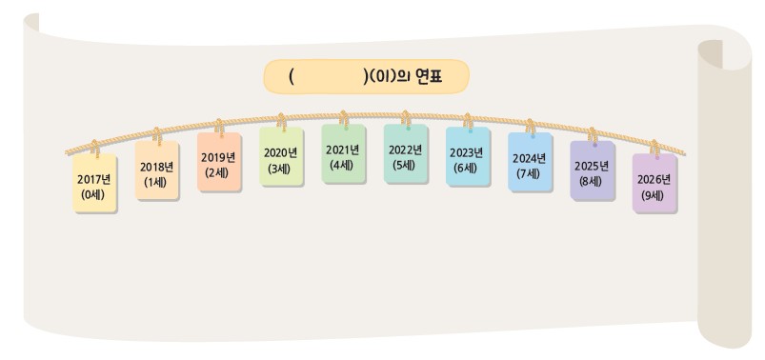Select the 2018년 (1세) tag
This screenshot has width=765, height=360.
point(156,174)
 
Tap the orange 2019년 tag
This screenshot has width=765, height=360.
point(219,165)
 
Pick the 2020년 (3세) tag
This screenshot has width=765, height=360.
point(281,158)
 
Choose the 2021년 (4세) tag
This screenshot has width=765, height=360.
point(343,155)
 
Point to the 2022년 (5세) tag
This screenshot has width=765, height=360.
point(405,155)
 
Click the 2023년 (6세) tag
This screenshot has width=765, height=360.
point(467,158)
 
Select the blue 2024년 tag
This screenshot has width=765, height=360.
point(530,165)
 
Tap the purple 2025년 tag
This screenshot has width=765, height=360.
point(592,173)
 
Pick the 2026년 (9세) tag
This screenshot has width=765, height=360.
point(654,185)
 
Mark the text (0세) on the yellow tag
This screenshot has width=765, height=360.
point(94,193)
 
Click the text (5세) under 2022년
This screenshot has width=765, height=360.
point(405,163)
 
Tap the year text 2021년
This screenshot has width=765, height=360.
point(343,148)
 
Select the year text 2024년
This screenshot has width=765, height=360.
point(530,157)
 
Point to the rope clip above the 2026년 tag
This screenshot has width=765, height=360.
point(654,147)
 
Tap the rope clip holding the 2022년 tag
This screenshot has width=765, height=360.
point(405,118)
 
